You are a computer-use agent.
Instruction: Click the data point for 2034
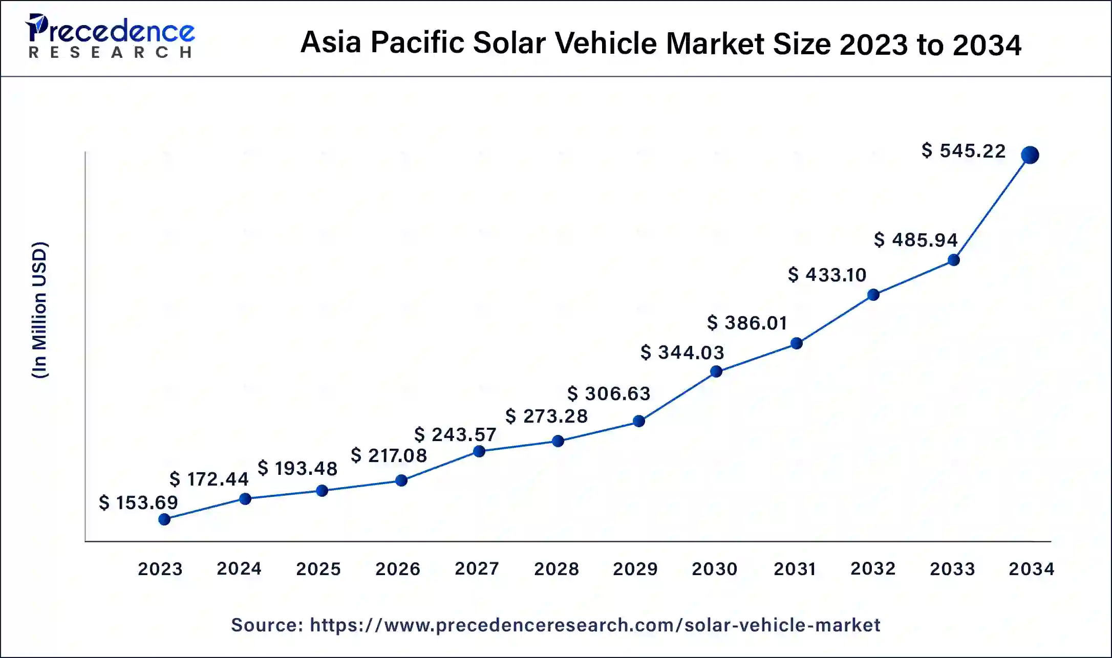pyautogui.click(x=1030, y=155)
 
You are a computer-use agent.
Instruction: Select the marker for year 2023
pyautogui.click(x=164, y=520)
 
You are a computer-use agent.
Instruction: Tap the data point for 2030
pyautogui.click(x=716, y=371)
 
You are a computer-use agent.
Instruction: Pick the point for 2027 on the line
pyautogui.click(x=479, y=451)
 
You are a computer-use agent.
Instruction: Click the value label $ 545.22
pyautogui.click(x=964, y=151)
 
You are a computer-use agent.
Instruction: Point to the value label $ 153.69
pyautogui.click(x=138, y=502)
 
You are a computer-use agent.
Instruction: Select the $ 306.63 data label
pyautogui.click(x=609, y=393)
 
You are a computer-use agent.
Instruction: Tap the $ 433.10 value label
pyautogui.click(x=827, y=275)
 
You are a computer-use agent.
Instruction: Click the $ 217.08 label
pyautogui.click(x=389, y=455)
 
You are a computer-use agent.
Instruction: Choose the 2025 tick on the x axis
pyautogui.click(x=318, y=569)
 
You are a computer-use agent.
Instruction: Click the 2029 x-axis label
pyautogui.click(x=635, y=569)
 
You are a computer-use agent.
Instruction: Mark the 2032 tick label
pyautogui.click(x=873, y=568)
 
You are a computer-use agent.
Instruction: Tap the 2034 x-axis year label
pyautogui.click(x=1031, y=569)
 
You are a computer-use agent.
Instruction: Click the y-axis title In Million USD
pyautogui.click(x=40, y=310)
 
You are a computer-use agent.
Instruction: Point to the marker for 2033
pyautogui.click(x=953, y=260)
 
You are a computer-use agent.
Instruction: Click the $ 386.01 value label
pyautogui.click(x=747, y=323)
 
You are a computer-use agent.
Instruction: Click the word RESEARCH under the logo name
pyautogui.click(x=111, y=52)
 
